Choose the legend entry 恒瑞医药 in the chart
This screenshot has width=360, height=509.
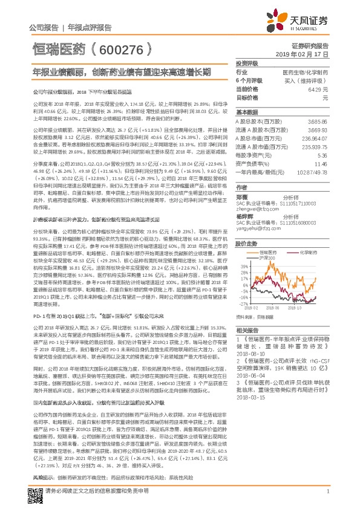(281, 251)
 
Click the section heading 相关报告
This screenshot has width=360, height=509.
(247, 331)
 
